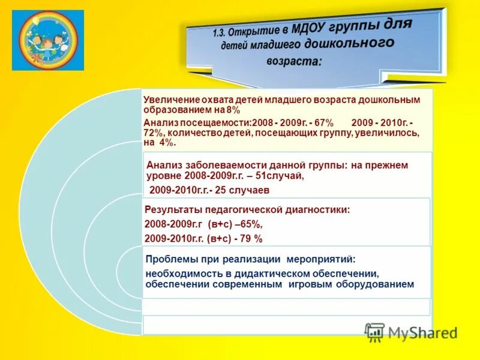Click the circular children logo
point(48,40)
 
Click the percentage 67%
point(320,122)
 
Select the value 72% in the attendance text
point(155,133)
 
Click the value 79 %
point(250,238)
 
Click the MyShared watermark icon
point(374,332)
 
